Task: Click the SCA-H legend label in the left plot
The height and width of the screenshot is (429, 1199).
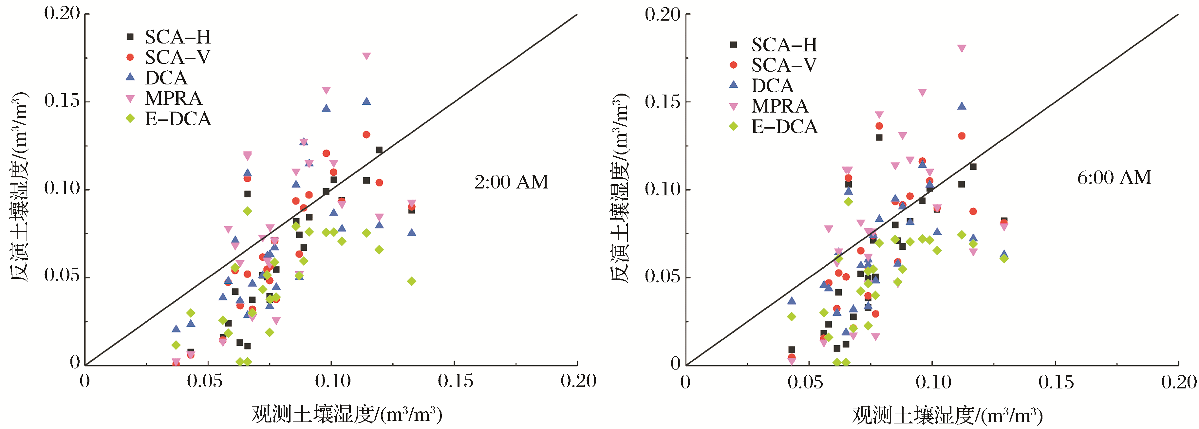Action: (177, 37)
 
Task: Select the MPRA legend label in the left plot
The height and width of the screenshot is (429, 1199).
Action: (173, 98)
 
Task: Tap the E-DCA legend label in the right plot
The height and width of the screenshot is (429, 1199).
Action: (784, 127)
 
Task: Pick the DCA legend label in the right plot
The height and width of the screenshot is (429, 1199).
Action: (772, 86)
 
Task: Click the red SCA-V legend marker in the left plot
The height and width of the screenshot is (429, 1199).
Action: (130, 57)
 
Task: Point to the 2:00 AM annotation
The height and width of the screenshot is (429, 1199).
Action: (511, 182)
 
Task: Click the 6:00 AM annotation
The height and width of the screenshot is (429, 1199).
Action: (1114, 177)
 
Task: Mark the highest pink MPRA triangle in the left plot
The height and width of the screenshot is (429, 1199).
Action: (366, 56)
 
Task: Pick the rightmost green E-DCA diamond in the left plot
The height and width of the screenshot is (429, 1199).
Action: (411, 281)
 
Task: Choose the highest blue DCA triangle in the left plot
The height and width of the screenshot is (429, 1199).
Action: (366, 101)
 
